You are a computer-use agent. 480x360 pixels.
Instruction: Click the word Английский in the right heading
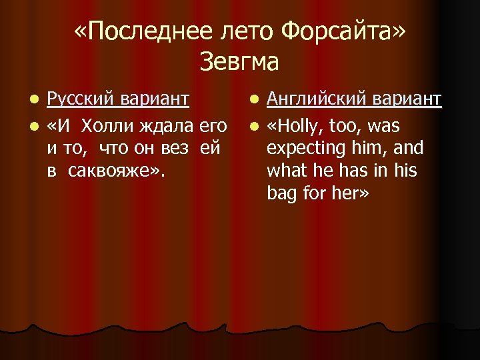pos(312,99)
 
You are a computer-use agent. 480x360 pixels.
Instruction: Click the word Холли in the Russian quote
pos(106,125)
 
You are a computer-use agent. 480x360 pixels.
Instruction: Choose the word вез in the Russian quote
pos(176,147)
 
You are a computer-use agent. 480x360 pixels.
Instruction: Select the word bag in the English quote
pos(280,193)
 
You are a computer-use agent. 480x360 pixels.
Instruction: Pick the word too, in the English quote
pos(347,125)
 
